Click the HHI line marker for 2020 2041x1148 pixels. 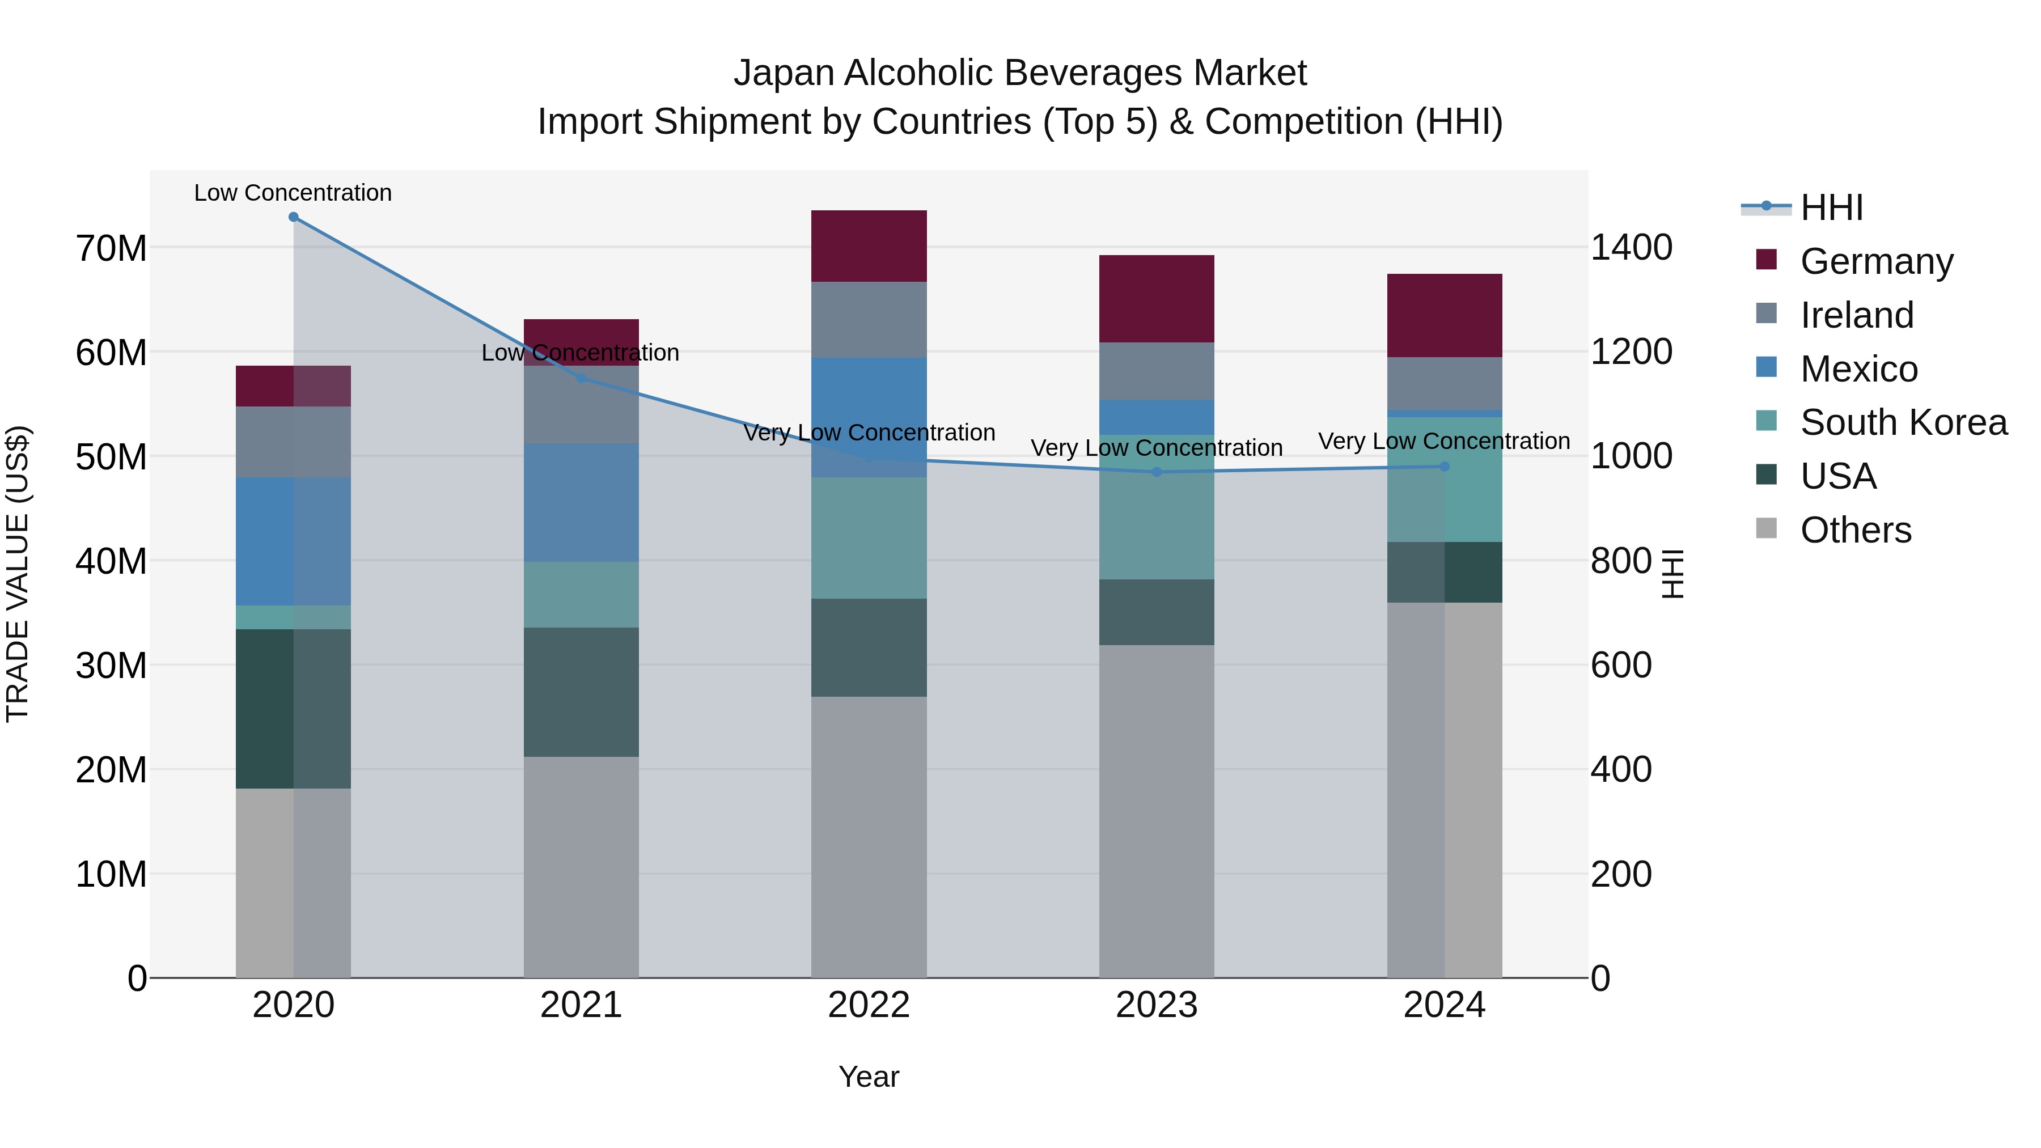point(293,217)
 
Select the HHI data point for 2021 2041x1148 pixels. point(581,378)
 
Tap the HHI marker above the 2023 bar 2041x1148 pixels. point(1157,472)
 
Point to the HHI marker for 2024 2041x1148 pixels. point(1445,467)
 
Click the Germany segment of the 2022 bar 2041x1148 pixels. point(869,247)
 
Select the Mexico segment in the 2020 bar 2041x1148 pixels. point(293,541)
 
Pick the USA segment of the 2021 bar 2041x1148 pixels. point(581,692)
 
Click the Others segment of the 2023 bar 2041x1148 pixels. point(1157,811)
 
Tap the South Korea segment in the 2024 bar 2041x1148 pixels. point(1445,479)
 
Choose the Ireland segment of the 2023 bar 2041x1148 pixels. point(1157,371)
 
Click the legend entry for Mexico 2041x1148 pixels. point(1858,369)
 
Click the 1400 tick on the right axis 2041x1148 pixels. point(1631,247)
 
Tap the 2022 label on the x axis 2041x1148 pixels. point(869,1005)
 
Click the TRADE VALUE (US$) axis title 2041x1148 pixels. point(18,574)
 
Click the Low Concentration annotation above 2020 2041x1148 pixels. point(293,193)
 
